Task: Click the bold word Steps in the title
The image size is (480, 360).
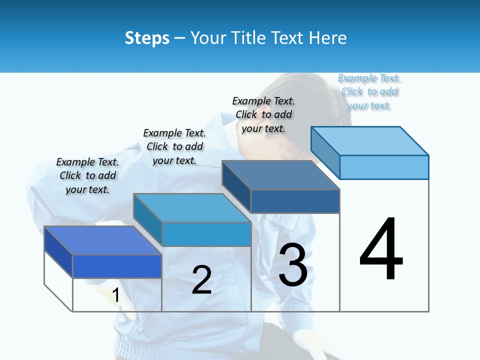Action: (x=147, y=38)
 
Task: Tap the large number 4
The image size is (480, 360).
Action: (x=381, y=250)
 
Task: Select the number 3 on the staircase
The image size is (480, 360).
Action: (x=293, y=265)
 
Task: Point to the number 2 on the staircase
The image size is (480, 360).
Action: (x=201, y=280)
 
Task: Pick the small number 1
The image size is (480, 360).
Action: (x=115, y=295)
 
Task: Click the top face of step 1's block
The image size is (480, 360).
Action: (x=102, y=240)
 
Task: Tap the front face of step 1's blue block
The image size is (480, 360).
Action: (x=117, y=266)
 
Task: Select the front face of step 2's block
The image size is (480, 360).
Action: (x=206, y=234)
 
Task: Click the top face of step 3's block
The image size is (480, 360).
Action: (x=280, y=175)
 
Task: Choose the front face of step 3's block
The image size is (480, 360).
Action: (x=295, y=201)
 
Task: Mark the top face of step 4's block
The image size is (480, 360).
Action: (x=369, y=140)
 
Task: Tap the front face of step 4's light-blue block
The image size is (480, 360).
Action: (x=384, y=167)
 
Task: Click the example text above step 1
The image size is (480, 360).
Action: (x=87, y=175)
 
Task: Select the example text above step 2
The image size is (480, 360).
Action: (x=174, y=146)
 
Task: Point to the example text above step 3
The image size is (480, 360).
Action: (x=263, y=114)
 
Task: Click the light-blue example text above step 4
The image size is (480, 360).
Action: (x=369, y=91)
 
